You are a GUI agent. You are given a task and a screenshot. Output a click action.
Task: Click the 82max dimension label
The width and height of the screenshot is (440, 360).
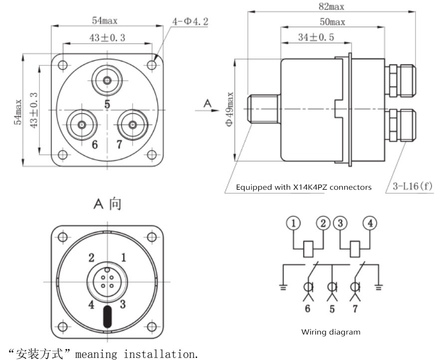point(331,6)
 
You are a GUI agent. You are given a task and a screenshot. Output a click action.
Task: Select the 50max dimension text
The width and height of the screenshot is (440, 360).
point(333,22)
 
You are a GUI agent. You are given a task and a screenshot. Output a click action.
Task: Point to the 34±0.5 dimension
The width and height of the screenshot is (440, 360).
point(316,37)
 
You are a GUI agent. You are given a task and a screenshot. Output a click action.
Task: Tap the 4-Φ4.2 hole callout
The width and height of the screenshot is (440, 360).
point(190,21)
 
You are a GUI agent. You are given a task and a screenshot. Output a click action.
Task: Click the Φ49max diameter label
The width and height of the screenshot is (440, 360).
point(229,109)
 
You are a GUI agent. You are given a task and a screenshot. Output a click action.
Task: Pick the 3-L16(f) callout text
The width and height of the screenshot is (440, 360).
point(413,186)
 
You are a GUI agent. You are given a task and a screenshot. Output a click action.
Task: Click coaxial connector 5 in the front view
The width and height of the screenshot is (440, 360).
point(107,80)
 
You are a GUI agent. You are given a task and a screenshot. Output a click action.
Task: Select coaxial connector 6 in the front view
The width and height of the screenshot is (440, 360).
point(82,125)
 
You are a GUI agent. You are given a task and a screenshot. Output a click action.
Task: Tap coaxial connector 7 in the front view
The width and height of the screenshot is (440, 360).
point(133,125)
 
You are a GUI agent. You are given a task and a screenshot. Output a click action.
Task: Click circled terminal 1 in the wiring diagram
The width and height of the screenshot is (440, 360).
point(293,223)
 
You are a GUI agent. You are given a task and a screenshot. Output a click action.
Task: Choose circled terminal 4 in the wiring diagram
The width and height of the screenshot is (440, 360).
point(370,223)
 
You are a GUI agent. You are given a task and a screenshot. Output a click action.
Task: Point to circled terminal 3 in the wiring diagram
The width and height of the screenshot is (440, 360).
point(340,223)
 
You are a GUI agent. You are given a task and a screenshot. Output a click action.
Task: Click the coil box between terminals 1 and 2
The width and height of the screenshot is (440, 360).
point(308,249)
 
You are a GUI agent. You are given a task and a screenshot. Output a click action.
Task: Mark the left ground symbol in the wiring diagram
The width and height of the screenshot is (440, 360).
point(283,287)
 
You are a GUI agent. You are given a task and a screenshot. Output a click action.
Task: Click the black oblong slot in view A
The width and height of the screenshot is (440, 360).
point(107,317)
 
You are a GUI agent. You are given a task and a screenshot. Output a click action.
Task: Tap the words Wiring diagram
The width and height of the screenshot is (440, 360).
point(331,332)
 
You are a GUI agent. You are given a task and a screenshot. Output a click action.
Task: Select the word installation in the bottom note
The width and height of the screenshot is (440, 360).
point(161,354)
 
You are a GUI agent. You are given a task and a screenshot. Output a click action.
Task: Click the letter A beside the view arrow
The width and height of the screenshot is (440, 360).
point(208,104)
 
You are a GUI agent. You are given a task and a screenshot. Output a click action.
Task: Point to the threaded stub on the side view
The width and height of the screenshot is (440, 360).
point(263,109)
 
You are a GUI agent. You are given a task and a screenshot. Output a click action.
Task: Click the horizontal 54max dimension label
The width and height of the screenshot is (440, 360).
point(105,20)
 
